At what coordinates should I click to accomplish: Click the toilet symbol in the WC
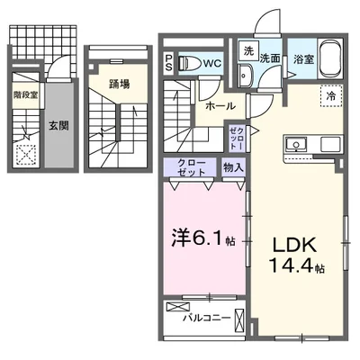(x=189, y=63)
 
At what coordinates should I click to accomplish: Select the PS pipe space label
(x=168, y=63)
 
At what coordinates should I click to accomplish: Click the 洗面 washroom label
(x=270, y=57)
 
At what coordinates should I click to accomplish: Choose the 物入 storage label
(x=233, y=166)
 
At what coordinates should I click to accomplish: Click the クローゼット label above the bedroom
(x=186, y=166)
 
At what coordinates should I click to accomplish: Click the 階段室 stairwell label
(x=24, y=93)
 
